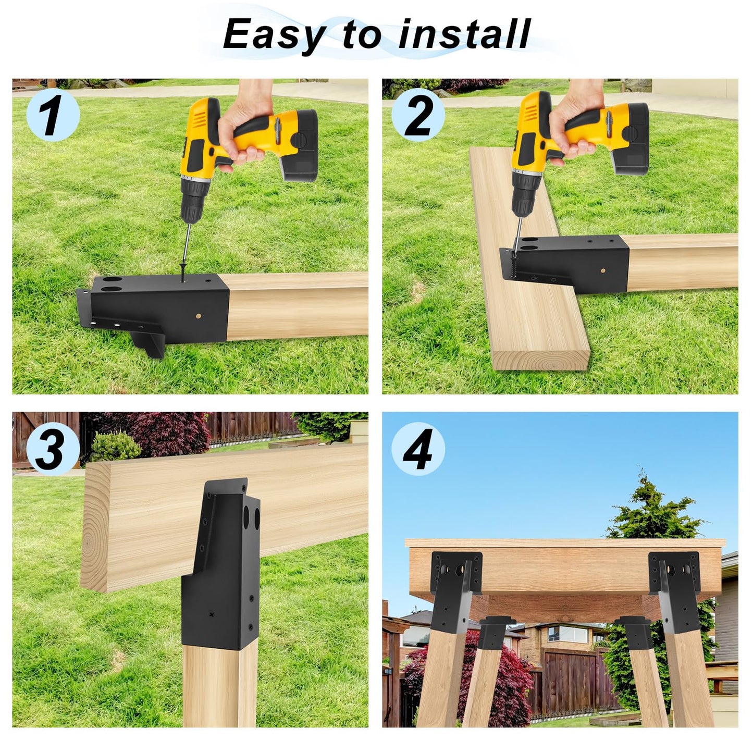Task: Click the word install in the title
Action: pos(464,34)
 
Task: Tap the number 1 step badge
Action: pos(52,116)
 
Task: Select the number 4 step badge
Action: pos(418,449)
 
